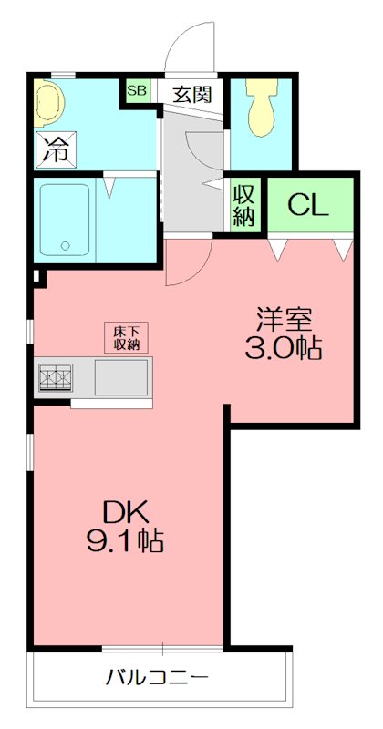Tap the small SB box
click(x=138, y=90)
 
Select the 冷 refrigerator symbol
click(x=53, y=149)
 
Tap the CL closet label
click(x=307, y=205)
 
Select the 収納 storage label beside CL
click(x=243, y=205)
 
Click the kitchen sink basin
click(x=121, y=376)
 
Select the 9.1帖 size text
click(x=124, y=542)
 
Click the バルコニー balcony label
click(x=157, y=678)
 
